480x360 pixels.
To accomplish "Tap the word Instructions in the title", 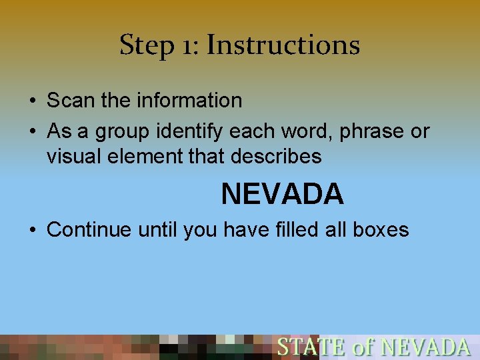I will [x=283, y=45].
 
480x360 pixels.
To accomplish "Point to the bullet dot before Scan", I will [x=33, y=101].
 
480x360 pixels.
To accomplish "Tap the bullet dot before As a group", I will [x=33, y=132].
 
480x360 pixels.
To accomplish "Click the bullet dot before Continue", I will [x=33, y=230].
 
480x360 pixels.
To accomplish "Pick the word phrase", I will [x=371, y=132].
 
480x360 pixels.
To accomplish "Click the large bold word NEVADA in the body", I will [x=282, y=194].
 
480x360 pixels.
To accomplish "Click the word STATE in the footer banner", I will [x=311, y=347].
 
